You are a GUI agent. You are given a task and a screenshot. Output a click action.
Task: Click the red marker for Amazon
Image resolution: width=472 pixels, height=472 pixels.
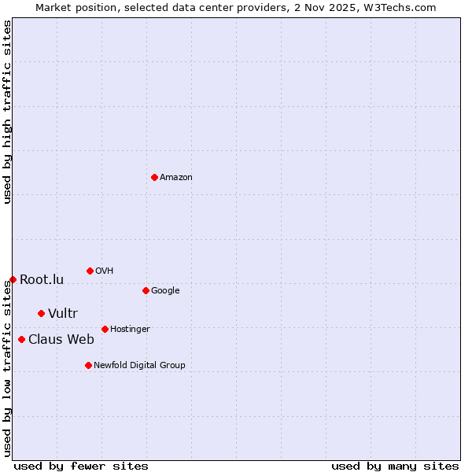[154, 177]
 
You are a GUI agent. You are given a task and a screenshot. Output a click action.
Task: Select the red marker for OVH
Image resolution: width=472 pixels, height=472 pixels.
[90, 271]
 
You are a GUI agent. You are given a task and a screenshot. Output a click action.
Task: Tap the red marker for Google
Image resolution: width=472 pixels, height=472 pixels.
[146, 290]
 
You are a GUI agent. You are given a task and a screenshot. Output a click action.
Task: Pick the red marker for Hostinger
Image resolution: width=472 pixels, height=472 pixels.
[105, 329]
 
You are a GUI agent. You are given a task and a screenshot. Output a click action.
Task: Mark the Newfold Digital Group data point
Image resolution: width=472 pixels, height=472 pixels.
[88, 365]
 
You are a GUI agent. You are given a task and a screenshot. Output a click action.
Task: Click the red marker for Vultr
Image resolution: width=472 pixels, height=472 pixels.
[41, 313]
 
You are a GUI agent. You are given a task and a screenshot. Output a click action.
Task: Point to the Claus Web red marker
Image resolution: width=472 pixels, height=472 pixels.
[21, 339]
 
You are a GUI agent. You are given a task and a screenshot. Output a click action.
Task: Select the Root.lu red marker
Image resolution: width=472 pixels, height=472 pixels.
[13, 279]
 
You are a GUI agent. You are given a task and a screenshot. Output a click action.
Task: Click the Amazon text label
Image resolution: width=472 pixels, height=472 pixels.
[176, 178]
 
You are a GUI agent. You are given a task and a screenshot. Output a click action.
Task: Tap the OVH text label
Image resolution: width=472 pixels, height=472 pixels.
[105, 271]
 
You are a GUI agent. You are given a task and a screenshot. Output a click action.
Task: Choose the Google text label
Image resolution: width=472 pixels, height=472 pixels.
[165, 291]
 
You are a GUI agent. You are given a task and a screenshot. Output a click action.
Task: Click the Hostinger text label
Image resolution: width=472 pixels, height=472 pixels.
[130, 330]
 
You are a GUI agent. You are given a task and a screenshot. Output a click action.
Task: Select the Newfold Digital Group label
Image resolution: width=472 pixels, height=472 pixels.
[139, 366]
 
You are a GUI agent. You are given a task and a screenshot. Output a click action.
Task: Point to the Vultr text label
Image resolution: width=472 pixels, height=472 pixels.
[63, 314]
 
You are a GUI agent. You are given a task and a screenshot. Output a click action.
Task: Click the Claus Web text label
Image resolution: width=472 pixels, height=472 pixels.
[61, 340]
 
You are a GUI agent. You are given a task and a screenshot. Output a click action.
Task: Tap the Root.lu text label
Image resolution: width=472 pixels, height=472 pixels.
[42, 280]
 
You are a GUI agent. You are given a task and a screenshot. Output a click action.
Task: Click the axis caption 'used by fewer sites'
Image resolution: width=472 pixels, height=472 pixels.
[81, 466]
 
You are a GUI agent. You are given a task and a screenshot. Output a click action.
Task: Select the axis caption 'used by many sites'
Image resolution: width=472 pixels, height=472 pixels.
[395, 466]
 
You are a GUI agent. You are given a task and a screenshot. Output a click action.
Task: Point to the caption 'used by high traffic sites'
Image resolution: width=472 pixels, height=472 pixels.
[7, 112]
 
